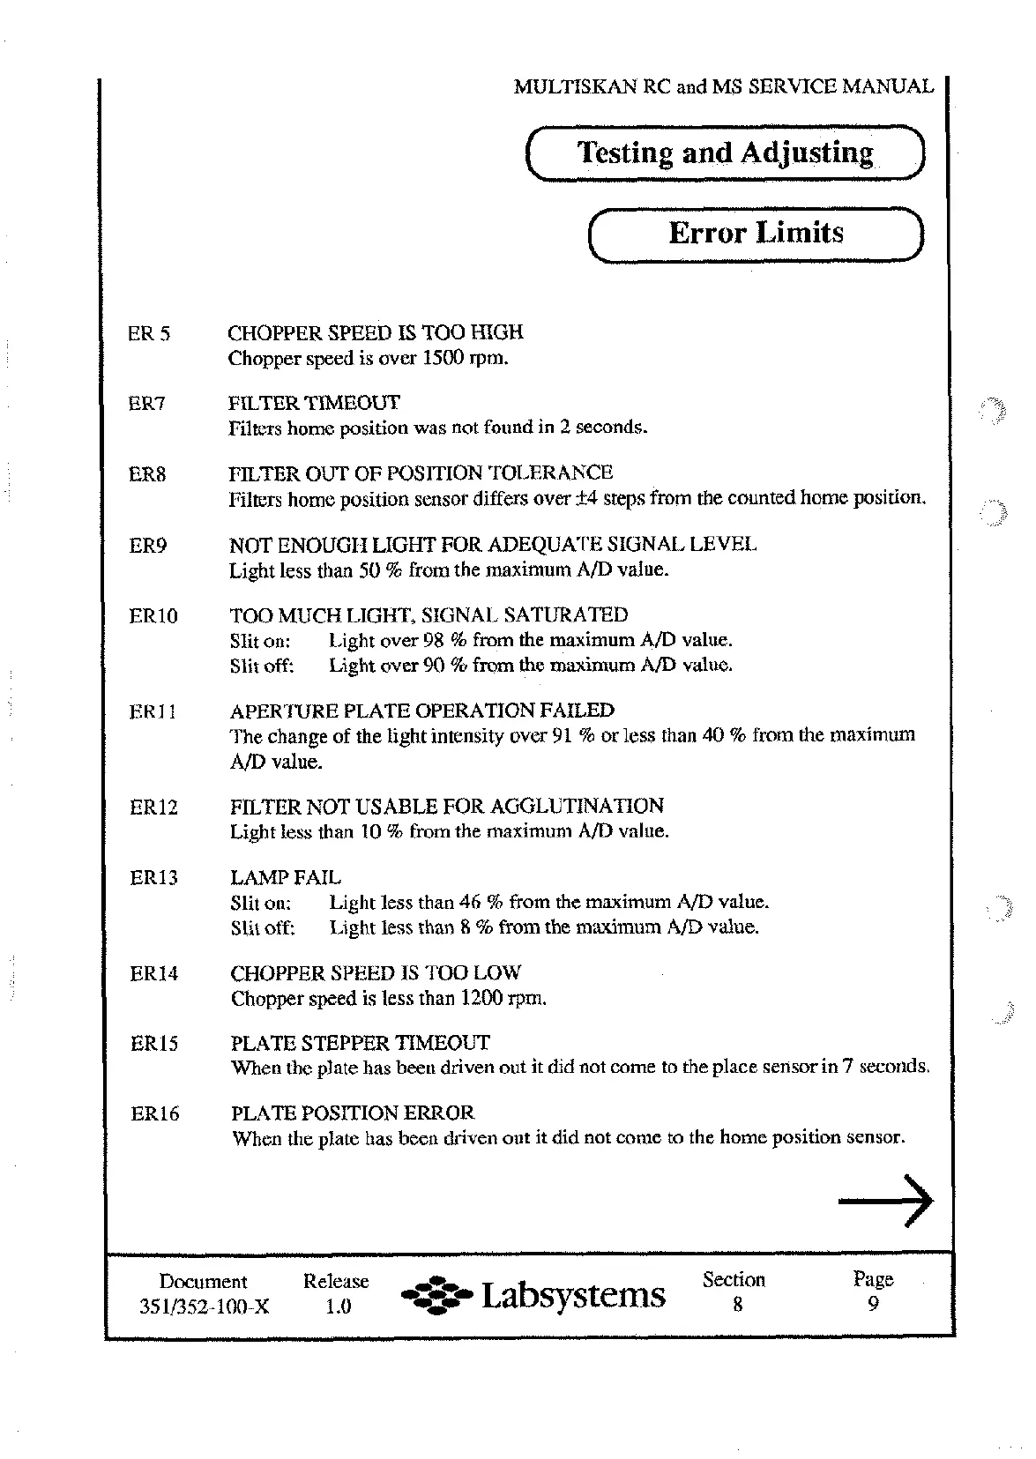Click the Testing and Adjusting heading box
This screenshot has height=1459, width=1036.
click(x=725, y=153)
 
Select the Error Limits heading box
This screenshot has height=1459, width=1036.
click(x=755, y=234)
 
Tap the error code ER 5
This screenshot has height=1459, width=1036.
click(x=149, y=334)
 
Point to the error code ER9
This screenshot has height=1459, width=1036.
click(x=147, y=546)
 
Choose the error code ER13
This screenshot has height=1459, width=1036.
click(x=153, y=878)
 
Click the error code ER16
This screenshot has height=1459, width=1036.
click(x=154, y=1114)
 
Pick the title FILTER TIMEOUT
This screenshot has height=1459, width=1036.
click(x=313, y=404)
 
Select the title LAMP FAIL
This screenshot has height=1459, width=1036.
click(x=285, y=877)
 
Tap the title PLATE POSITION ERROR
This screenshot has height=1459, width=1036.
click(x=352, y=1113)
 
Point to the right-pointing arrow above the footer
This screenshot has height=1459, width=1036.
click(x=884, y=1201)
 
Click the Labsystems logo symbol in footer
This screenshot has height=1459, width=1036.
click(x=436, y=1296)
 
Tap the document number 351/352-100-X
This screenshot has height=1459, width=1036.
click(x=204, y=1307)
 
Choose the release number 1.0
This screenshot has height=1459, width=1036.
click(x=337, y=1307)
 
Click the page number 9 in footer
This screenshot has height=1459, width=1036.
click(x=873, y=1305)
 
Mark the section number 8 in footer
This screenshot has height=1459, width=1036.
click(x=736, y=1305)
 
